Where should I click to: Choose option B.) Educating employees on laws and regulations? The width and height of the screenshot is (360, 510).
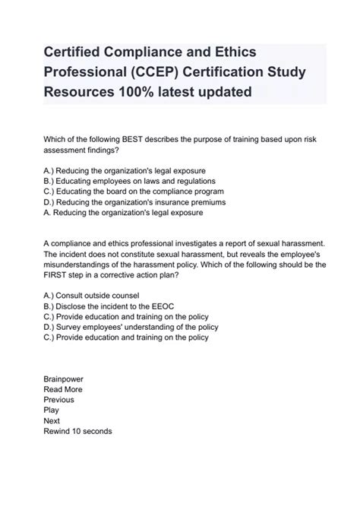click(130, 182)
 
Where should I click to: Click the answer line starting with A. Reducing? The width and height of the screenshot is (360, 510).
click(124, 214)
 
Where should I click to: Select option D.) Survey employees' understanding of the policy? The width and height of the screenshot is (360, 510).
click(131, 328)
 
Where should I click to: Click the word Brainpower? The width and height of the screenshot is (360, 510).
click(63, 379)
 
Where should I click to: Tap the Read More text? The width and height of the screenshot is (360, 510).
click(63, 389)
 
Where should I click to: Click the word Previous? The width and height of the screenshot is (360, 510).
click(58, 400)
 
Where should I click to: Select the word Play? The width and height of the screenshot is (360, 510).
click(52, 410)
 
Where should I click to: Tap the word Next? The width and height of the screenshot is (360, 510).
click(52, 421)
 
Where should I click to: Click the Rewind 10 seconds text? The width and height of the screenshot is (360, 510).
click(77, 432)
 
